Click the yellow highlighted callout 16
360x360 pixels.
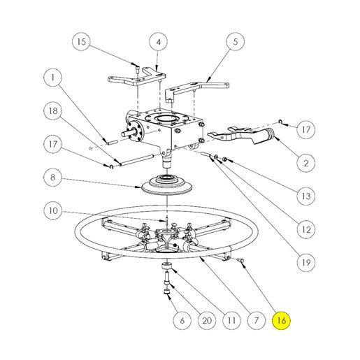[x=281, y=320]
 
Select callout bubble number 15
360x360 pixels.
[x=81, y=42]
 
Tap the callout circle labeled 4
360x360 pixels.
[x=158, y=42]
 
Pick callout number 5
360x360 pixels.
[x=236, y=42]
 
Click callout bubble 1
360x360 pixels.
[x=53, y=78]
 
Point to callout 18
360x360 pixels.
[x=53, y=110]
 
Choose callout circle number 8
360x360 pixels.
[x=53, y=178]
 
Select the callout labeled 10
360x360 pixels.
[x=53, y=210]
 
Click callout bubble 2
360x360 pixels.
[x=306, y=163]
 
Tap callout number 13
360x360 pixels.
[x=306, y=196]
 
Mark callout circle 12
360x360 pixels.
[x=306, y=229]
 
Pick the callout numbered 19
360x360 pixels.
[x=306, y=263]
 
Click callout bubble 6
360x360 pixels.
[x=182, y=320]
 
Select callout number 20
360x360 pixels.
[x=207, y=320]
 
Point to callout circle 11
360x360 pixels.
[x=231, y=320]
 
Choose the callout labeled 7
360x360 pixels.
[x=256, y=320]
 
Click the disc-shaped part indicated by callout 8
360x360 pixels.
[x=167, y=185]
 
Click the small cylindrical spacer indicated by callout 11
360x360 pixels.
[x=167, y=266]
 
